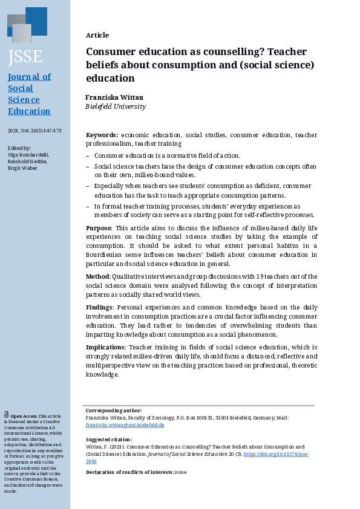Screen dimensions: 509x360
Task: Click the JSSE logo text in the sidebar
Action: coord(25,57)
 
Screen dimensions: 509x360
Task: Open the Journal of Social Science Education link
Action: coord(29,94)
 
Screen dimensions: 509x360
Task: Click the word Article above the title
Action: coord(97,35)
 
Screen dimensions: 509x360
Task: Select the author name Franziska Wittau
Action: coord(114,97)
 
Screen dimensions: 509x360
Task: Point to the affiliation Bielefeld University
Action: coord(116,106)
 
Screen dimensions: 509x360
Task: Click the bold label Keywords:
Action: coord(102,135)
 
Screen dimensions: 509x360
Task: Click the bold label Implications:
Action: coord(106,348)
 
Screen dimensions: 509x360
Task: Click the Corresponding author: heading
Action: coord(114,410)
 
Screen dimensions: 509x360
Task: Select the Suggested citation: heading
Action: coord(109,439)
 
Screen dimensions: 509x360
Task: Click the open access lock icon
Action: coord(7,415)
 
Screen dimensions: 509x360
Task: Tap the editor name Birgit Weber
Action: coord(22,167)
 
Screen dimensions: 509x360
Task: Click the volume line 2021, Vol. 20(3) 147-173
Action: coord(34,131)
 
